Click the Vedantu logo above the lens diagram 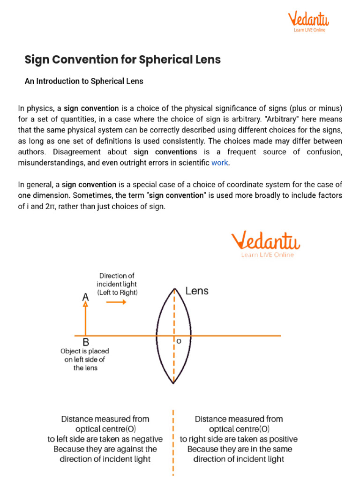[x=265, y=244]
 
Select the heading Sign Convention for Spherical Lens [x=122, y=60]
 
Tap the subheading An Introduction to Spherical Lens [x=83, y=81]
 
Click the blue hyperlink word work [x=220, y=162]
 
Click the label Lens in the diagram [x=197, y=291]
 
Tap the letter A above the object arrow [x=85, y=297]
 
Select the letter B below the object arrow [x=86, y=343]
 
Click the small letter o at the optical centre [x=179, y=341]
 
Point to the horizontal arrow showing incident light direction [x=116, y=302]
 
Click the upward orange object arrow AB [x=85, y=319]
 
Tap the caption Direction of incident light [x=117, y=284]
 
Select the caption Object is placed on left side [x=85, y=359]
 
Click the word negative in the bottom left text [x=147, y=439]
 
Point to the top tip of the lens [x=174, y=289]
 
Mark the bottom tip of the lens [x=174, y=383]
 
